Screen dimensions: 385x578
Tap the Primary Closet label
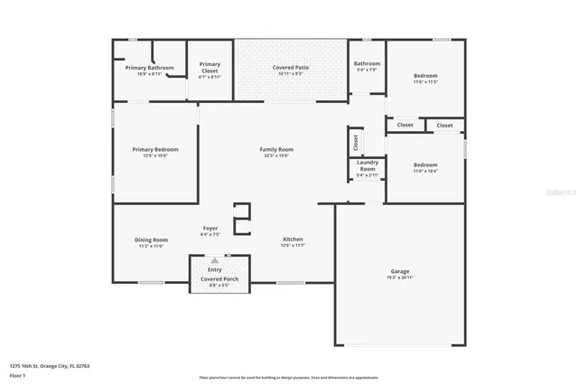point(210,64)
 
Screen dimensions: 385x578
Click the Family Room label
point(276,149)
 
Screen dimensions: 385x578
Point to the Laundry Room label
point(367,166)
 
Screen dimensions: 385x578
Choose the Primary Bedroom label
point(154,149)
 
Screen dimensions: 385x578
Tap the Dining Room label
point(152,239)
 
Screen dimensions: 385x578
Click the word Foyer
point(210,228)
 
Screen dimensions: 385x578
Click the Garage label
point(401,271)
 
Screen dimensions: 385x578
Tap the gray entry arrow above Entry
point(215,260)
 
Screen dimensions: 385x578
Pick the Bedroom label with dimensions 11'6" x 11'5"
point(425,75)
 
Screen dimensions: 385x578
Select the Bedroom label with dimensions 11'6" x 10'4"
point(425,164)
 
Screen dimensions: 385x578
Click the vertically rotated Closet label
point(356,142)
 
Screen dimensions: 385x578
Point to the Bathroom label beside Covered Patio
point(368,63)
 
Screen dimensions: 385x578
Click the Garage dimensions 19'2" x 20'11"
point(401,277)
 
